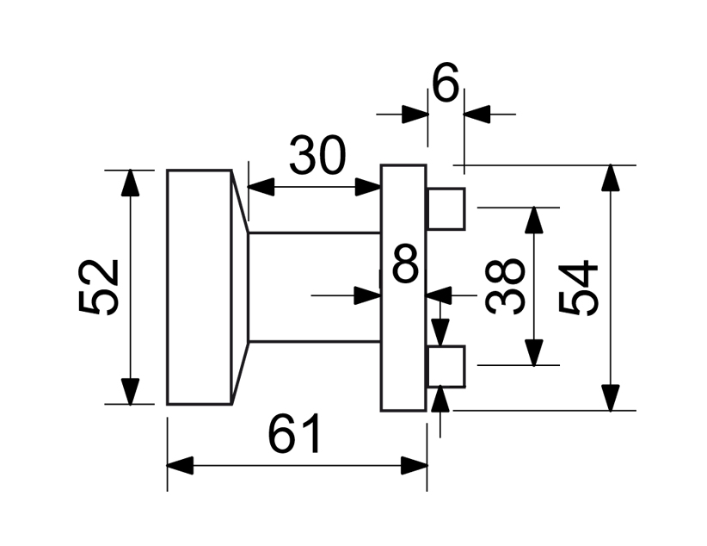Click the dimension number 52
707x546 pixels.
click(x=98, y=287)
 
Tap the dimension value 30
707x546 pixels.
click(x=317, y=156)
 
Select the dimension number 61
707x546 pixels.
click(x=295, y=434)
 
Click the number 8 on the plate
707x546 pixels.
click(x=405, y=264)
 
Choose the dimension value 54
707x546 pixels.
click(x=579, y=287)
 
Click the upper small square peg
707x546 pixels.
click(x=446, y=209)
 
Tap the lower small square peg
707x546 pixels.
click(x=446, y=366)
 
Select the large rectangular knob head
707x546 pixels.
click(x=199, y=287)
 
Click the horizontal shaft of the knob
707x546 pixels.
click(x=314, y=287)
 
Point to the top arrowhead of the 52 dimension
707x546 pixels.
click(x=130, y=182)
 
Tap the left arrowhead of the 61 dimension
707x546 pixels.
click(x=179, y=467)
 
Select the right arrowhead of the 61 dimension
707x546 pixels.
click(x=415, y=467)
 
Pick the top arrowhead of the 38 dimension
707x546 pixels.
click(x=534, y=220)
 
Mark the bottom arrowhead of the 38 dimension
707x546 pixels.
click(x=534, y=353)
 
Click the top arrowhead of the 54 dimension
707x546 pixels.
click(x=611, y=177)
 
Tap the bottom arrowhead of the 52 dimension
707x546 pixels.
click(x=130, y=391)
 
